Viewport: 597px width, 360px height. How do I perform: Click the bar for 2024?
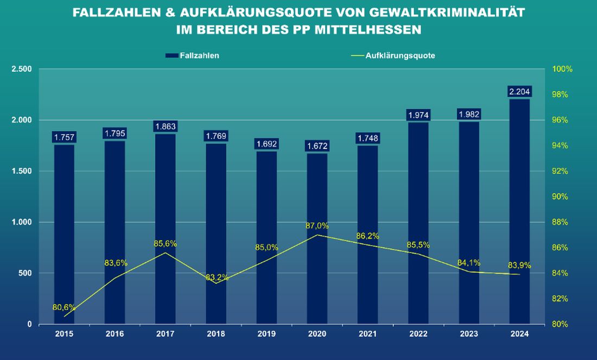point(519,212)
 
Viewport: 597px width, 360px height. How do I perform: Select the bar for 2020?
point(317,239)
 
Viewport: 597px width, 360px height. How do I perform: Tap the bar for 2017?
point(165,228)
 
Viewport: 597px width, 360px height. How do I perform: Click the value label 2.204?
point(519,91)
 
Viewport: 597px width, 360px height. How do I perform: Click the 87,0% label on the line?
point(317,226)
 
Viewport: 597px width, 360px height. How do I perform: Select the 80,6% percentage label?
point(64,307)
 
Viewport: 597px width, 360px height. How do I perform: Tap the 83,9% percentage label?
point(519,266)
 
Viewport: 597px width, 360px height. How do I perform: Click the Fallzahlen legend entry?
point(199,55)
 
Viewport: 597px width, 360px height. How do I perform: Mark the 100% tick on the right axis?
point(562,69)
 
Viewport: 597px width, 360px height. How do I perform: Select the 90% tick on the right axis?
point(560,197)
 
